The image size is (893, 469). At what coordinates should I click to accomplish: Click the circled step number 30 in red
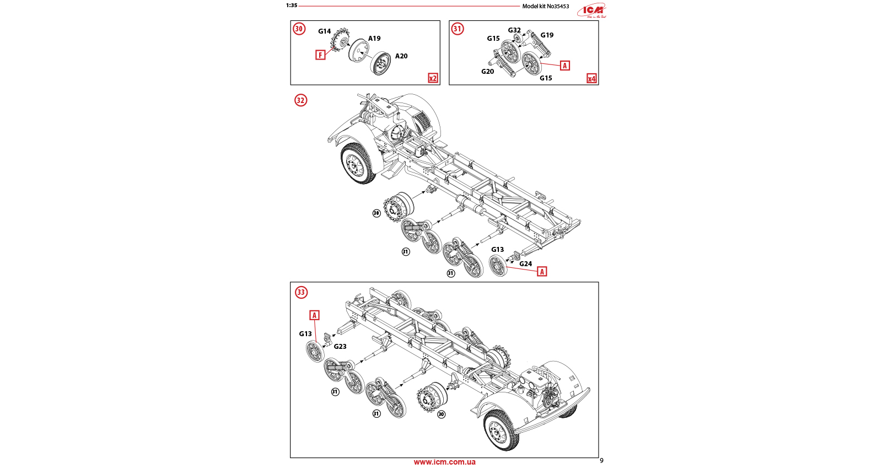point(299,29)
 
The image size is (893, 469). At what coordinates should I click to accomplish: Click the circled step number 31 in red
point(458,29)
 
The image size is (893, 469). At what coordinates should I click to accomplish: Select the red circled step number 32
point(300,100)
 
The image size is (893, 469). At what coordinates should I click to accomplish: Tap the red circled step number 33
point(301,292)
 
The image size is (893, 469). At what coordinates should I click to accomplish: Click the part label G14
point(324,31)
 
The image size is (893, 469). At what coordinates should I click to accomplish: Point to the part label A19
point(374,39)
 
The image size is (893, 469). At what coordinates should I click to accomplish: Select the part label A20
point(401,56)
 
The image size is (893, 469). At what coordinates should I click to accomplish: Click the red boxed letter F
point(320,55)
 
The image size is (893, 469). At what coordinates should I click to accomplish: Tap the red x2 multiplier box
point(433,78)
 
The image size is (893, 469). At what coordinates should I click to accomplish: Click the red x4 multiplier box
point(591,78)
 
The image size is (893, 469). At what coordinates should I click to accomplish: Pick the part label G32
point(514,31)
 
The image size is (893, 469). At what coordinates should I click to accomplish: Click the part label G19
point(547,35)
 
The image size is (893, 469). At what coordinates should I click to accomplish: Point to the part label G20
point(487,72)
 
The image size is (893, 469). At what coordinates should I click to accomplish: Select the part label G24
point(525,264)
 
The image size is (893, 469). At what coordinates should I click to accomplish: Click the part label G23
point(340,347)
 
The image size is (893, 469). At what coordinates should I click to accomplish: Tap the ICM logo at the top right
point(592,10)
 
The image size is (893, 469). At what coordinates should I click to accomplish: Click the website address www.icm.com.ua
point(444,462)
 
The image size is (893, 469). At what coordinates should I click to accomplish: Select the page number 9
point(601,461)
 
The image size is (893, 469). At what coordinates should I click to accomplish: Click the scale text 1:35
point(292,6)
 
